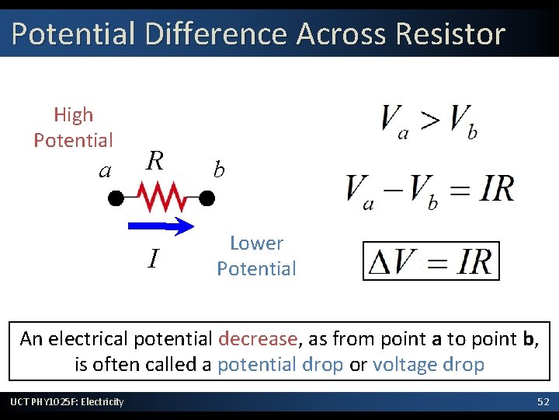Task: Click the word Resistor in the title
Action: (450, 34)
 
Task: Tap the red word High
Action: (73, 115)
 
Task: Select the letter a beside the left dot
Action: (106, 170)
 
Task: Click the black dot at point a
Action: (116, 198)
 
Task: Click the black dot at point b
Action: (207, 198)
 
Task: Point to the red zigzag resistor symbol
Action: (161, 197)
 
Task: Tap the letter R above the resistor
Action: (155, 161)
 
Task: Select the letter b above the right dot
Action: (219, 169)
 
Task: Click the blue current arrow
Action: (160, 226)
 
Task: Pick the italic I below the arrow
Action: (154, 257)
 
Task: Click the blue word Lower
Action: (256, 243)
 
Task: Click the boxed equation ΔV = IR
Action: (431, 261)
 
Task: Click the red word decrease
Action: (258, 339)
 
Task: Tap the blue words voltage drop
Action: (429, 364)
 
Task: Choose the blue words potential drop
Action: (280, 364)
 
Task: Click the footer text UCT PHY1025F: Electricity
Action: (67, 401)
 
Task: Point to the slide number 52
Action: (543, 401)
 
